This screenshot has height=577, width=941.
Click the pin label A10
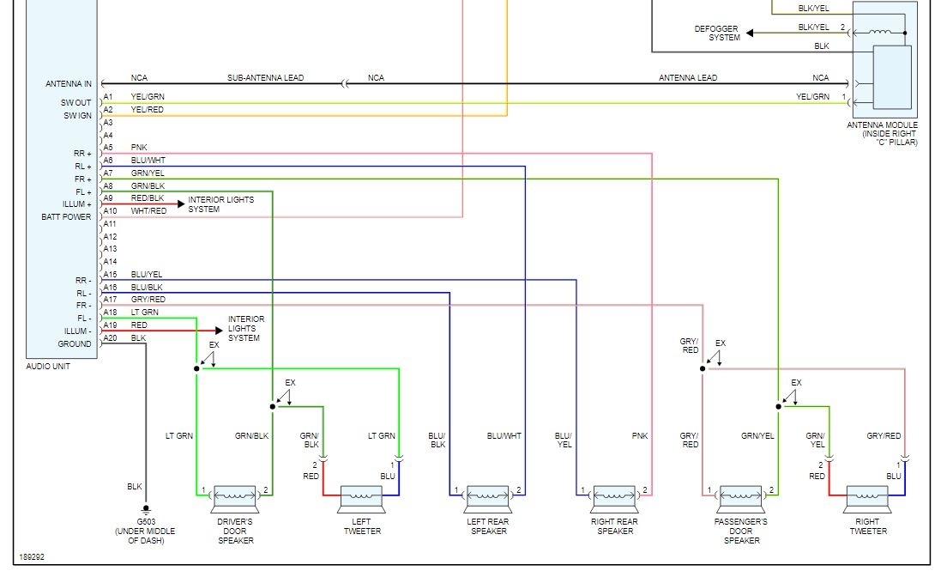coord(109,211)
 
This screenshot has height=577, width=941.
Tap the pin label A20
coord(109,338)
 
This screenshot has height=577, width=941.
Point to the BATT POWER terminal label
coord(66,217)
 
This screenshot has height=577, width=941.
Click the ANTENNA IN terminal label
coord(69,84)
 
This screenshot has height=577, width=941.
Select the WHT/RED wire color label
coord(148,211)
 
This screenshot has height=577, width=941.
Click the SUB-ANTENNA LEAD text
coord(265,78)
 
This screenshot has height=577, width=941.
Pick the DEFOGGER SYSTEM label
coord(717,33)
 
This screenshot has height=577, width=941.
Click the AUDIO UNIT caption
coord(48,367)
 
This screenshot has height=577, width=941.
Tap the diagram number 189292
coord(32,556)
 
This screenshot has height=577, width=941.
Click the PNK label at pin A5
coord(139,148)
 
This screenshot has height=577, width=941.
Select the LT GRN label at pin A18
coord(144,313)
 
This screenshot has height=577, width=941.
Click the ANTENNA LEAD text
coord(687,78)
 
